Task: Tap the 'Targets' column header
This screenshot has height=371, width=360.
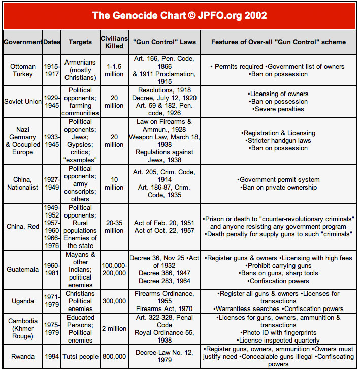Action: [x=80, y=42]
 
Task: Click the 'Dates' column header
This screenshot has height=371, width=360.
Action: [x=52, y=42]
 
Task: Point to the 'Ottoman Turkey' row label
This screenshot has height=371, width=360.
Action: [x=23, y=70]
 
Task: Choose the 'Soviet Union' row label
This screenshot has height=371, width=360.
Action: [x=23, y=102]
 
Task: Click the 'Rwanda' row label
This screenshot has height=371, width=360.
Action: [x=23, y=357]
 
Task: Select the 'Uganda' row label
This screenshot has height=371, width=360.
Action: [x=23, y=301]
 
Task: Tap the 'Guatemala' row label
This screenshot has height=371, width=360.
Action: [x=23, y=270]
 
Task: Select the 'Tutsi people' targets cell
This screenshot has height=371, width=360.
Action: [x=80, y=357]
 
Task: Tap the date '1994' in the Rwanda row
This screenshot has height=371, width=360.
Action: [x=52, y=357]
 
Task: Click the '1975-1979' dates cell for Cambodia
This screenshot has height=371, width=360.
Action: [x=52, y=329]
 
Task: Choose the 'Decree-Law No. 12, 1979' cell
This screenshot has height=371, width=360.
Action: [x=165, y=357]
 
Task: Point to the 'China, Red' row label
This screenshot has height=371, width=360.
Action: [x=23, y=226]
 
